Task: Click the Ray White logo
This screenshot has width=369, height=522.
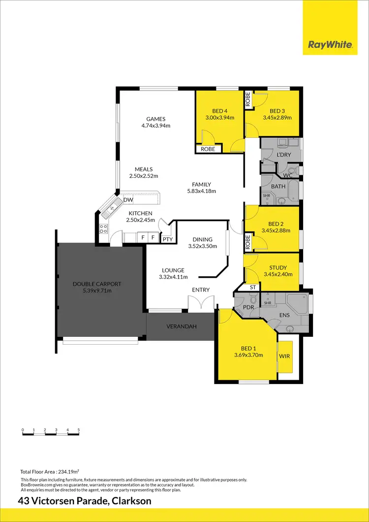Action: [x=330, y=45]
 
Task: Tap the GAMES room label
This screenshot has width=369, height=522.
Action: [x=155, y=119]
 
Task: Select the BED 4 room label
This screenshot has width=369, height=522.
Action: [x=219, y=111]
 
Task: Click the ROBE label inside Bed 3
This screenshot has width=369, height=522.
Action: [x=248, y=100]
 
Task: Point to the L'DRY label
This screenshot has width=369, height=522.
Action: [x=284, y=155]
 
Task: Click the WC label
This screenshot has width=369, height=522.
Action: [x=288, y=175]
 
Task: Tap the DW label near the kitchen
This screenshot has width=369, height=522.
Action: [x=128, y=200]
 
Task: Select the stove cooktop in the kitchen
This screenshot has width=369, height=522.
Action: [x=104, y=228]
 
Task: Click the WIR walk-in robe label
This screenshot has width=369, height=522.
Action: [x=285, y=355]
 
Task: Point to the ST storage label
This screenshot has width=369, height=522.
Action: [x=253, y=287]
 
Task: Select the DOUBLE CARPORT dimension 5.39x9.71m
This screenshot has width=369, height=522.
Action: [x=97, y=291]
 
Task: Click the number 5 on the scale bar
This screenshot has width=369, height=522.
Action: [x=79, y=430]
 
